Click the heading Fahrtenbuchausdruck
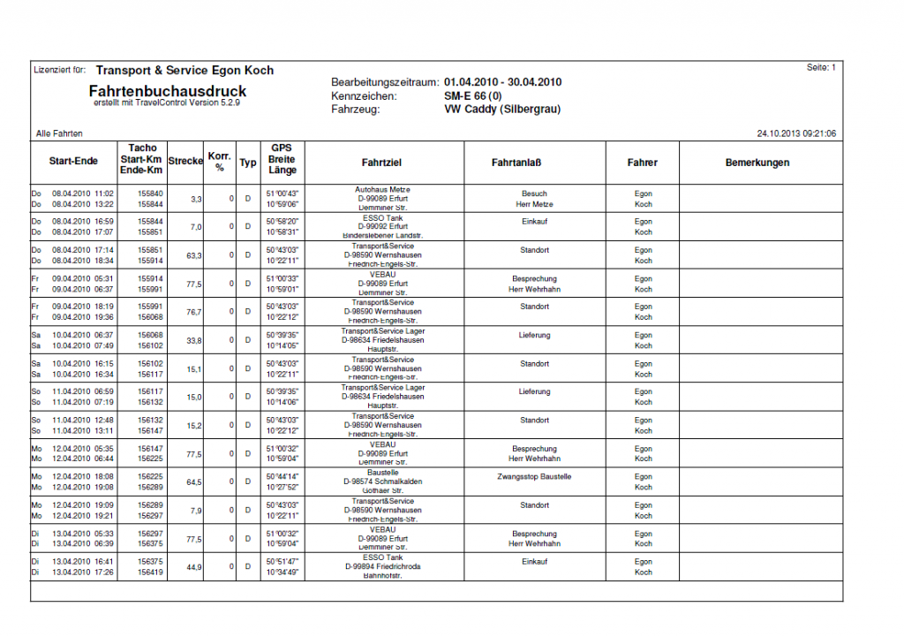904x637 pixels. pyautogui.click(x=168, y=91)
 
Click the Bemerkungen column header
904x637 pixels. pyautogui.click(x=757, y=163)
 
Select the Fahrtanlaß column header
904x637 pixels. pyautogui.click(x=516, y=163)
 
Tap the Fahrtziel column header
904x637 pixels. pyautogui.click(x=382, y=163)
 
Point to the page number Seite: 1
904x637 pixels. pyautogui.click(x=821, y=68)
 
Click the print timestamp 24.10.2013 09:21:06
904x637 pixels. pyautogui.click(x=796, y=133)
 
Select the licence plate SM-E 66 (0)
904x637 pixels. pyautogui.click(x=473, y=96)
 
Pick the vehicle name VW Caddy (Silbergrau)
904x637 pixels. pyautogui.click(x=502, y=110)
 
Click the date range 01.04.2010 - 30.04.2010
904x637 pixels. pyautogui.click(x=503, y=82)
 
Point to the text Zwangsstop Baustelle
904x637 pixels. pyautogui.click(x=534, y=476)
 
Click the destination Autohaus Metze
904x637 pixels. pyautogui.click(x=382, y=190)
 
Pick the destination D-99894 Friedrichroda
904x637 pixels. pyautogui.click(x=382, y=566)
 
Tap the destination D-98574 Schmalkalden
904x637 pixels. pyautogui.click(x=382, y=482)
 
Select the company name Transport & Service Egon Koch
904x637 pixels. pyautogui.click(x=185, y=71)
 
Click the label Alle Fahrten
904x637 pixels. pyautogui.click(x=59, y=133)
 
